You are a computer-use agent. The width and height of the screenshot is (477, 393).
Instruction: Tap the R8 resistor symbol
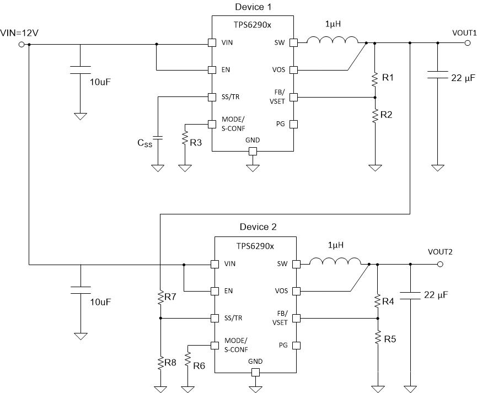point(160,362)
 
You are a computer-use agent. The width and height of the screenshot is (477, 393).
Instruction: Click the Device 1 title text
point(253,7)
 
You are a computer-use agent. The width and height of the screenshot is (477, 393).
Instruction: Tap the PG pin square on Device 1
point(294,124)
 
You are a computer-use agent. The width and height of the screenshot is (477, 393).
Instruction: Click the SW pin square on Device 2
point(296,264)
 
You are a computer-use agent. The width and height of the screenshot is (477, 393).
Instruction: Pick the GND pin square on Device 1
point(253,151)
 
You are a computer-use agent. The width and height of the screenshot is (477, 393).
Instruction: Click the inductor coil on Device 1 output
point(332,40)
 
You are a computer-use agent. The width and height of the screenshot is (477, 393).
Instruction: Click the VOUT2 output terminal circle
point(440,264)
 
